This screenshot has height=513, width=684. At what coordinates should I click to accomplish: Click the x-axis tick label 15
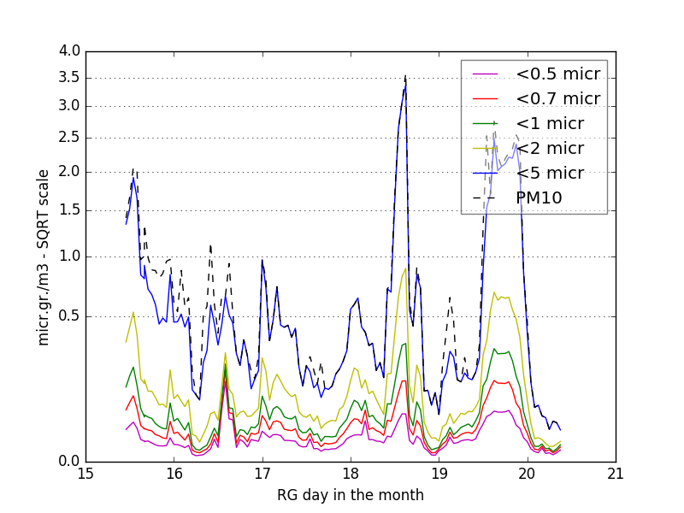85,475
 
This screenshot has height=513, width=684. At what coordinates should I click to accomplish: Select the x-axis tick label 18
351,475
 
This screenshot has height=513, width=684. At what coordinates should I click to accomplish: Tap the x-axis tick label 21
616,475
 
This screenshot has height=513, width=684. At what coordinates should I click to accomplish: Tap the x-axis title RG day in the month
351,495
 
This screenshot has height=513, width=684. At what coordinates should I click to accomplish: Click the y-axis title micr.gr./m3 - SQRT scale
44,256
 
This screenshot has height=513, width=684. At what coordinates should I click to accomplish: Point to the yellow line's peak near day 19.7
494,293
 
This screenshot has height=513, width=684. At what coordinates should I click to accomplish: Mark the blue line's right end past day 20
561,429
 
